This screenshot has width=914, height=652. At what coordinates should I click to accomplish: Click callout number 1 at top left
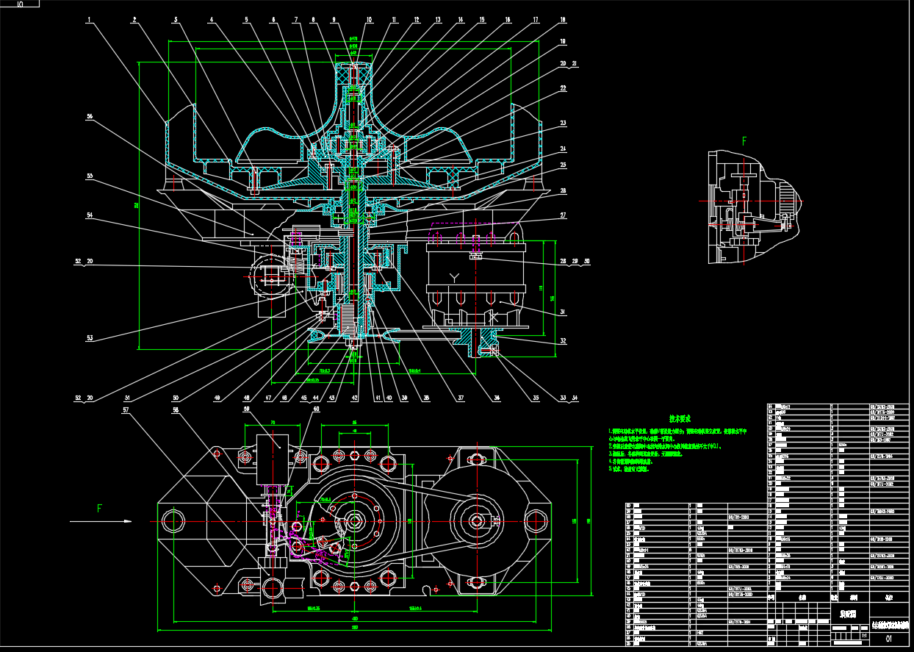88,21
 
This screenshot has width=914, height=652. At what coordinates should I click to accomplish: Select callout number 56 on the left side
90,116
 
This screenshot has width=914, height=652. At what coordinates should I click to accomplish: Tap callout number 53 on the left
90,338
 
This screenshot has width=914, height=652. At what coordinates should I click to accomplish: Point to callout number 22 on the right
564,87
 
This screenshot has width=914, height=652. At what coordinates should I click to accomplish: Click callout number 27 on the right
564,215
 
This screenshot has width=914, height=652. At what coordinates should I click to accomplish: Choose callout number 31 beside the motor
564,312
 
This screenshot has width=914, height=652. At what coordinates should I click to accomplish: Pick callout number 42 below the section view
355,398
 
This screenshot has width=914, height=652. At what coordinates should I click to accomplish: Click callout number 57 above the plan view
126,409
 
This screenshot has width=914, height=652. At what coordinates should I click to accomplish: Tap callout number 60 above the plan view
317,409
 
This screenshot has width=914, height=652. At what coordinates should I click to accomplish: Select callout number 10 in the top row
369,21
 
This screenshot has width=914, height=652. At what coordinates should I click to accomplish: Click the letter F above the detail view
744,140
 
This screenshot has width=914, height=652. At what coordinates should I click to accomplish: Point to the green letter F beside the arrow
99,508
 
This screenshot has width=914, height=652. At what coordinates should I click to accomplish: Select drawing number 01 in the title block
889,640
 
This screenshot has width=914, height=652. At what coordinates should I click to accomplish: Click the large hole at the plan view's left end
174,520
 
